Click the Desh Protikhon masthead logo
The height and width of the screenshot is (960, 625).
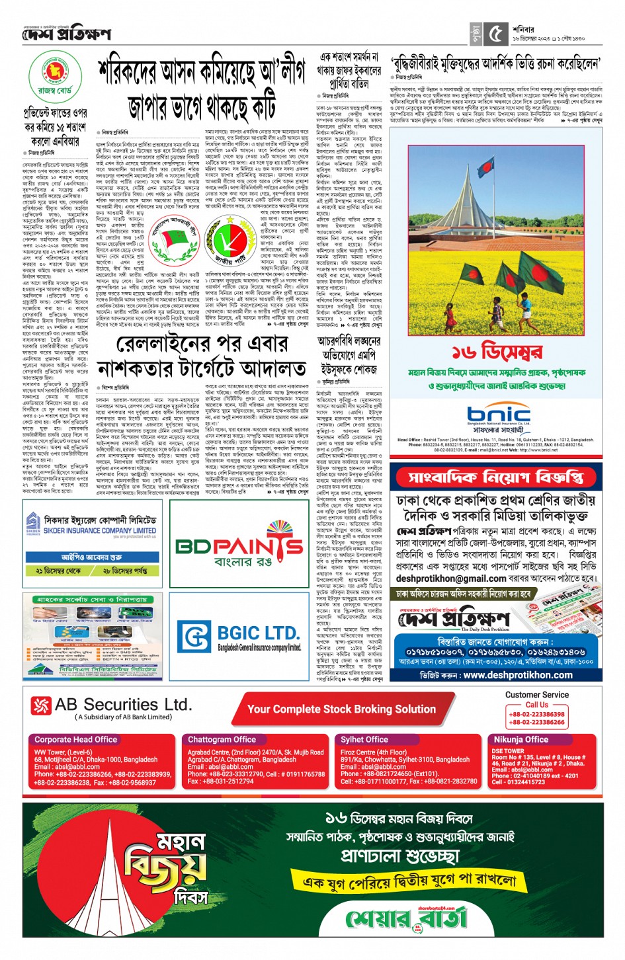tap(66, 33)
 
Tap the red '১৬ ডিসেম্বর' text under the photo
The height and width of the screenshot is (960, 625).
tap(497, 352)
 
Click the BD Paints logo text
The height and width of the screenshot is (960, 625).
tap(239, 545)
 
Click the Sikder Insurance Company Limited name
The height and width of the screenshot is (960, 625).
tap(99, 530)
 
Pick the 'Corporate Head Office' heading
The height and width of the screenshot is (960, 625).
tap(75, 739)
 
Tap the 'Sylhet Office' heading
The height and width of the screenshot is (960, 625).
tap(364, 739)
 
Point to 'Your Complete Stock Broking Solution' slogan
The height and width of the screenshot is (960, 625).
tap(341, 709)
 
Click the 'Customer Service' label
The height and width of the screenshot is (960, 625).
tap(536, 695)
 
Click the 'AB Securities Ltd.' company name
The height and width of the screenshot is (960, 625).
tap(123, 705)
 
